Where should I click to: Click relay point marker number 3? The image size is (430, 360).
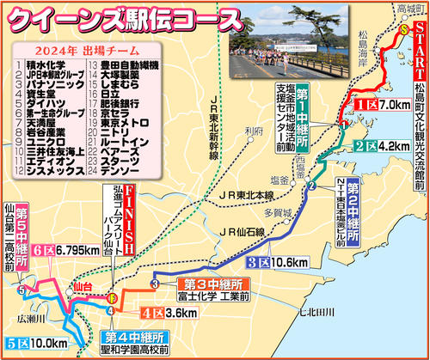pyautogui.click(x=155, y=284)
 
